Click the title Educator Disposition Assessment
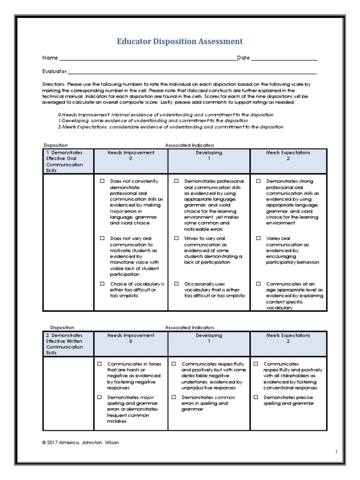(180, 41)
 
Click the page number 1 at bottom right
(336, 451)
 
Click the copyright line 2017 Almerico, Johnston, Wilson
(80, 442)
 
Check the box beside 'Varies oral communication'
(258, 238)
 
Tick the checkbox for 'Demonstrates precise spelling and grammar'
(256, 397)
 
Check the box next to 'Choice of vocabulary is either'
(102, 284)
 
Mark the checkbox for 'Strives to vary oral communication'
(176, 238)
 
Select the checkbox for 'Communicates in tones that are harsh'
(99, 364)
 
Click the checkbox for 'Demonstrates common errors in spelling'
(173, 397)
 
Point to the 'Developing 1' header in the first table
(209, 156)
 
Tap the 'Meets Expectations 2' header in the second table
(288, 338)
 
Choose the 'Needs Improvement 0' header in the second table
(131, 338)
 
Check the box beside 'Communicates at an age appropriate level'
(258, 284)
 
